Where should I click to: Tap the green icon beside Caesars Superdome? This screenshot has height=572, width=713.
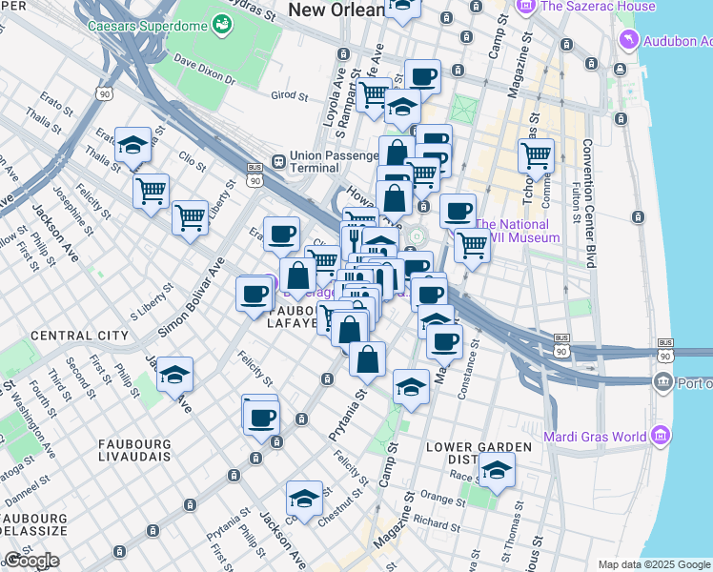222,22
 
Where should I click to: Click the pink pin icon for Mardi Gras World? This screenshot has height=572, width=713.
660,437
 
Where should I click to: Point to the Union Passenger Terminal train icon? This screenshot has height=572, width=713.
278,162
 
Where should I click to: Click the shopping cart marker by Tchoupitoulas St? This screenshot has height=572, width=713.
537,155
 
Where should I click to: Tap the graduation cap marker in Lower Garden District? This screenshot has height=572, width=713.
496,470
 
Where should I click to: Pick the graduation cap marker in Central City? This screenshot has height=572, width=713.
175,374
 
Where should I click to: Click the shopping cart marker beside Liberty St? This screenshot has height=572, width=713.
190,216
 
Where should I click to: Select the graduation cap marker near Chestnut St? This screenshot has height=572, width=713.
304,499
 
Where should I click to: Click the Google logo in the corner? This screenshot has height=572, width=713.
31,561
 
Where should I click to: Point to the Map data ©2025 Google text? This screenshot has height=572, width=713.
653,564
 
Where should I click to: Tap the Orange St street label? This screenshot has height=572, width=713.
440,499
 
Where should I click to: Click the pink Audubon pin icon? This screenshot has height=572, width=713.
628,41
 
